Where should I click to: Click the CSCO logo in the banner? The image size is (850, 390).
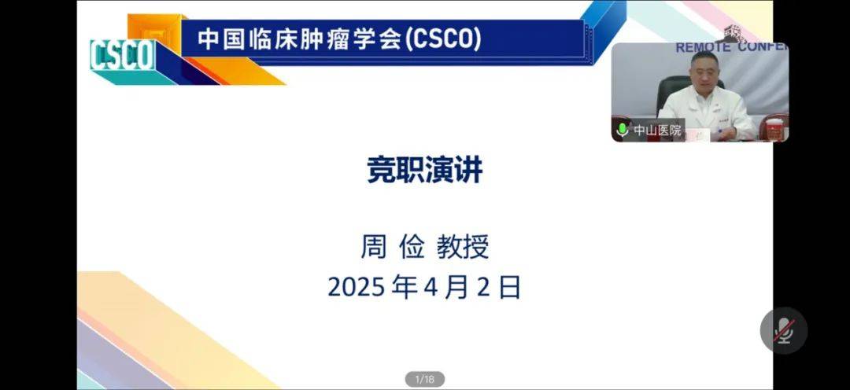[x=123, y=55]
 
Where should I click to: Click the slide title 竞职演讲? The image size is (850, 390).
[x=424, y=171]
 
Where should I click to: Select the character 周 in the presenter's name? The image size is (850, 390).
[x=374, y=247]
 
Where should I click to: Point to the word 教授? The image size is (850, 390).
[x=463, y=247]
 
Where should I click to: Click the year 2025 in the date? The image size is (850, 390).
[x=355, y=288]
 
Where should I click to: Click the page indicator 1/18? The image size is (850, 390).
[x=424, y=379]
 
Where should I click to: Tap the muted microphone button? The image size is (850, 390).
[x=783, y=330]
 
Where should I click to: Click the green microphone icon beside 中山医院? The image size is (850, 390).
[x=623, y=130]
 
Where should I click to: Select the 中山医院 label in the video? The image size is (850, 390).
[x=657, y=131]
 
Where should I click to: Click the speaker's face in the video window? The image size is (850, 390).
[x=703, y=72]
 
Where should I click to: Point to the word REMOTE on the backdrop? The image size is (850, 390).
[x=702, y=48]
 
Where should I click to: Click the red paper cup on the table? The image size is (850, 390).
[x=774, y=130]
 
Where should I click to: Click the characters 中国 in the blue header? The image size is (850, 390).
[x=222, y=39]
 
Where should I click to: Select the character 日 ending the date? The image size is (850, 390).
[x=509, y=288]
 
